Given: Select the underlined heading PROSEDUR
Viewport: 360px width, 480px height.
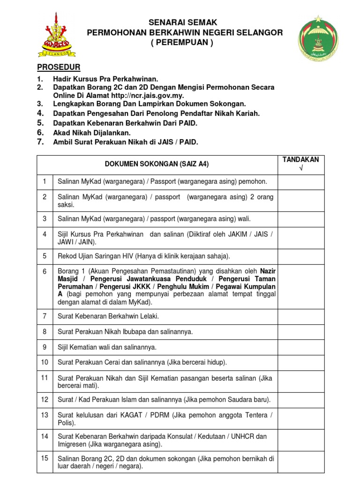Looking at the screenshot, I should pyautogui.click(x=59, y=67).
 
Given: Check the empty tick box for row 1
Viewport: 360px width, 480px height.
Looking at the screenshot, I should pyautogui.click(x=300, y=181).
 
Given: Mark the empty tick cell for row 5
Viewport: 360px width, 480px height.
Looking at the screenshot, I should pyautogui.click(x=300, y=256).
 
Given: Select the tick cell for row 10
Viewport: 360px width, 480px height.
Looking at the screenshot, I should pyautogui.click(x=300, y=362).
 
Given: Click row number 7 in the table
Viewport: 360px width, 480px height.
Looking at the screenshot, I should pyautogui.click(x=45, y=316).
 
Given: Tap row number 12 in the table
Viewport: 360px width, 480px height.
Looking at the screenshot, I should pyautogui.click(x=45, y=399).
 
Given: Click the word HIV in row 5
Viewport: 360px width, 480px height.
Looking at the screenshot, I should pyautogui.click(x=122, y=256).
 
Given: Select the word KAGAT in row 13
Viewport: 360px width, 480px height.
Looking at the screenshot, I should pyautogui.click(x=125, y=415).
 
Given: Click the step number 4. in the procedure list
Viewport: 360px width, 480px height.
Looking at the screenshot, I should pyautogui.click(x=41, y=113).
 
